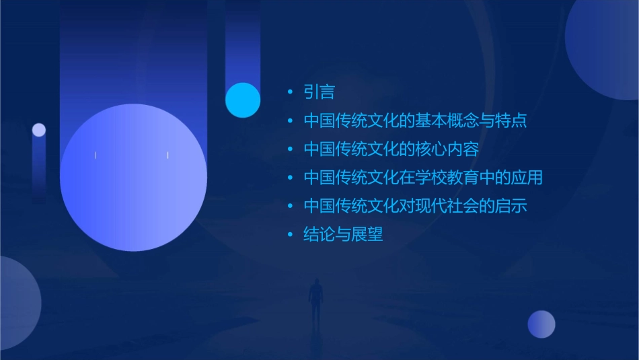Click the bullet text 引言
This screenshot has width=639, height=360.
point(319,92)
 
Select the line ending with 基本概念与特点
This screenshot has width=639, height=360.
point(415,121)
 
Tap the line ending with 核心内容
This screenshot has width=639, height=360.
point(391,149)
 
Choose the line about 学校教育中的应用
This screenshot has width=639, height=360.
point(423,178)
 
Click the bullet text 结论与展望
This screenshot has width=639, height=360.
point(343,235)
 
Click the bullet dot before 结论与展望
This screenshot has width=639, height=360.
point(290,235)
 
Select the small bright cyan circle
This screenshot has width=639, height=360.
point(243,100)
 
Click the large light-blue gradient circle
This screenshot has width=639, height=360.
point(133,178)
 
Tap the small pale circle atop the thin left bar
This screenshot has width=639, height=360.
point(39,130)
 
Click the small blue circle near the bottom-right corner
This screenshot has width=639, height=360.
point(541,324)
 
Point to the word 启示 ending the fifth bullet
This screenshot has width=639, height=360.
point(511,206)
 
